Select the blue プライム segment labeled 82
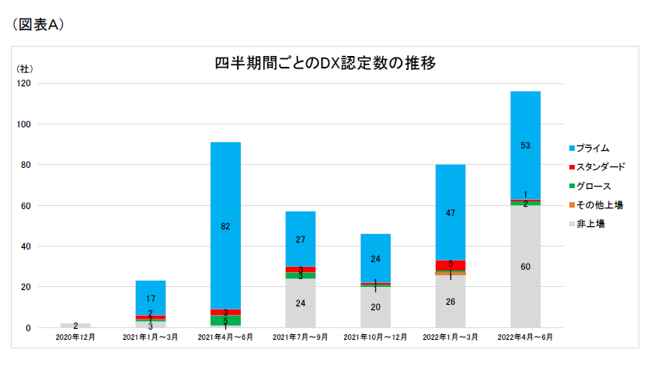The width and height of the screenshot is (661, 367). pyautogui.click(x=225, y=225)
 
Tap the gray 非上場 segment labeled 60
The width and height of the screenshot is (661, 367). pyautogui.click(x=525, y=266)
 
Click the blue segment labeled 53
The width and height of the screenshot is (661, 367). pyautogui.click(x=525, y=145)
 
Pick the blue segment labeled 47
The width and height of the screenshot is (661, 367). pyautogui.click(x=451, y=211)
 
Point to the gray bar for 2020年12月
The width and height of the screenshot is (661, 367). pyautogui.click(x=75, y=325)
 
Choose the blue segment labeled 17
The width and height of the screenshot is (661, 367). pyautogui.click(x=151, y=298)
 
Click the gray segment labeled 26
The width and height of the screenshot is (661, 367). pyautogui.click(x=451, y=302)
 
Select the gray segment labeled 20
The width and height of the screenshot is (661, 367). pyautogui.click(x=375, y=307)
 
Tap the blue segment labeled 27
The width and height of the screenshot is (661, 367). pyautogui.click(x=301, y=239)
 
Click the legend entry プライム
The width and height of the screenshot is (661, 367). pyautogui.click(x=593, y=147)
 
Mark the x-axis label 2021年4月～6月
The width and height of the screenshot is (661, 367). pyautogui.click(x=225, y=339)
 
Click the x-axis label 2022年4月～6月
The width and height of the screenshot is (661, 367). pyautogui.click(x=525, y=339)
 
